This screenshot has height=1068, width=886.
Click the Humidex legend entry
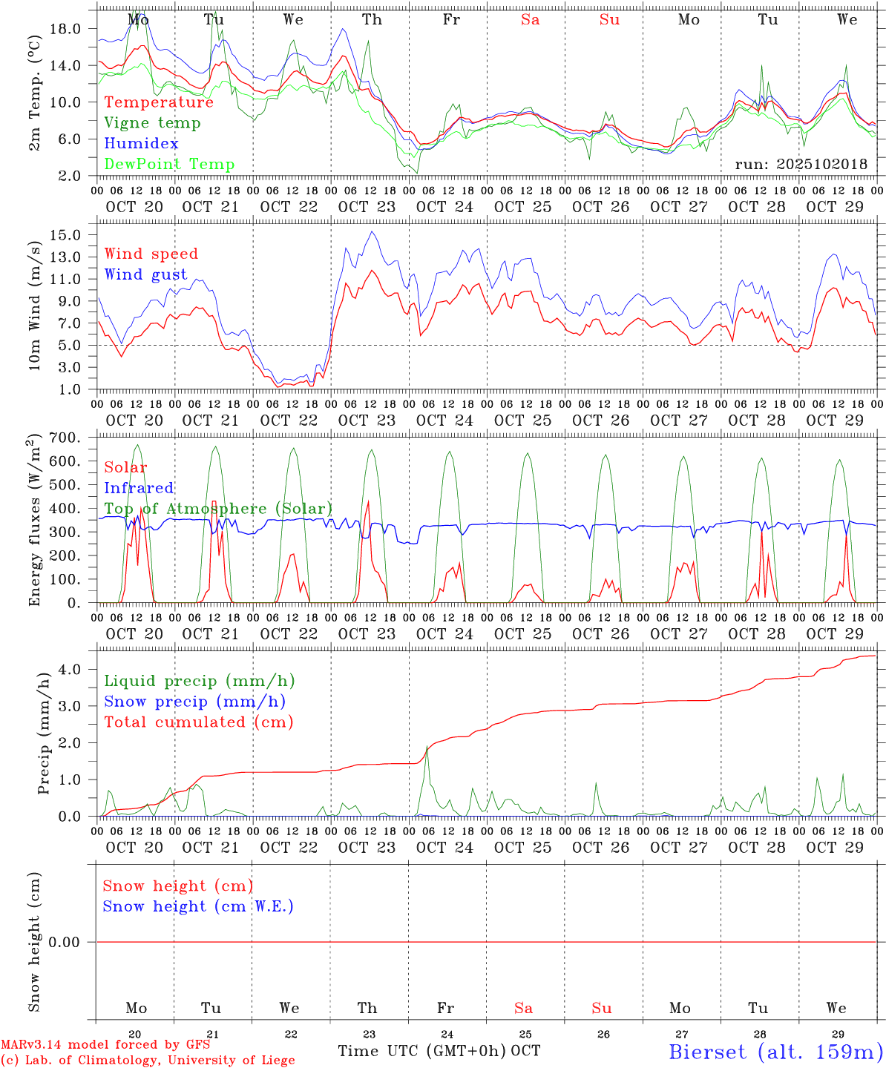[141, 144]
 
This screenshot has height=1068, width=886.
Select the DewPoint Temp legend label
[169, 165]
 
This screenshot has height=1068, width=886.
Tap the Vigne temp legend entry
[152, 123]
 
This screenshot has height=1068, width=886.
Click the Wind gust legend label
[145, 275]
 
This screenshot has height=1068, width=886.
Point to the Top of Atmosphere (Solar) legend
[218, 509]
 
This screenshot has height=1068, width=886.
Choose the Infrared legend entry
[139, 488]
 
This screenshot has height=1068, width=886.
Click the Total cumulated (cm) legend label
[198, 722]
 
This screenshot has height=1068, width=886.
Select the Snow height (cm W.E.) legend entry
[198, 906]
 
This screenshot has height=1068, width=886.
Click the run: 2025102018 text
[801, 165]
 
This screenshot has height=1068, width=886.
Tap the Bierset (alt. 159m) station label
[776, 1052]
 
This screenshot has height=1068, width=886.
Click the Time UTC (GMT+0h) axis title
[421, 1051]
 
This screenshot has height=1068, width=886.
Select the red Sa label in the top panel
[530, 20]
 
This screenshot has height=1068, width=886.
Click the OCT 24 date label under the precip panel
[444, 847]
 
